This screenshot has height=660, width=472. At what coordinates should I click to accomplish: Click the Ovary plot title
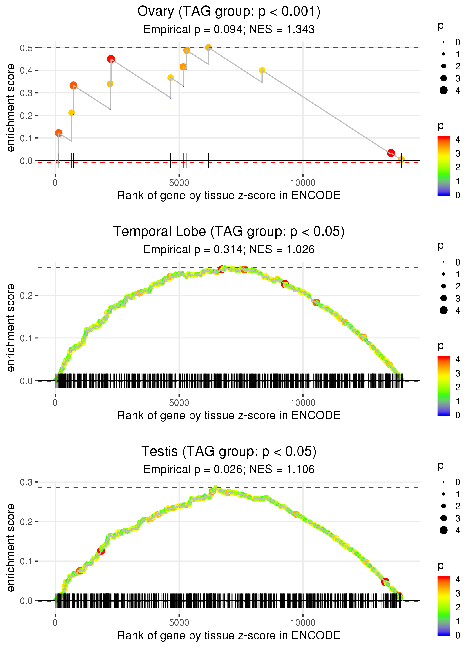[x=229, y=12]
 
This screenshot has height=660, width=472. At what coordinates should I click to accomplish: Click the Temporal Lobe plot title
[x=229, y=231]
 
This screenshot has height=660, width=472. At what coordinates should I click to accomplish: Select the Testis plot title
[x=229, y=451]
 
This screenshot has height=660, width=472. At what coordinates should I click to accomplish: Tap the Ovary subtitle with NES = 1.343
[x=229, y=29]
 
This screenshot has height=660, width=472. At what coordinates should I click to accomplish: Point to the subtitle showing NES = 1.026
[x=229, y=249]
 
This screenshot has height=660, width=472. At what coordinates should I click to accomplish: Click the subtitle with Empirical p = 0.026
[x=229, y=469]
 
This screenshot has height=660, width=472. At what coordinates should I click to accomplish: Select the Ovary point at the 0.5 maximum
[x=208, y=47]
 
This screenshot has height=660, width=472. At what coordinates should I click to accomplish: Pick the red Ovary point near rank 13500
[x=391, y=153]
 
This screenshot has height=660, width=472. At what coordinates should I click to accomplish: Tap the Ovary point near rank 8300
[x=262, y=70]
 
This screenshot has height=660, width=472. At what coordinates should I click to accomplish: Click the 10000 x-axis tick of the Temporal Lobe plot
[x=303, y=403]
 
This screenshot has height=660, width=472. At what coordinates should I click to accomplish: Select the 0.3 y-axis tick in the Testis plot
[x=26, y=482]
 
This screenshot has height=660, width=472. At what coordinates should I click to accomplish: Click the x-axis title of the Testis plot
[x=229, y=635]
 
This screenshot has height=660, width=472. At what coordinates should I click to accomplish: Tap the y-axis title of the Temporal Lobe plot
[x=11, y=328]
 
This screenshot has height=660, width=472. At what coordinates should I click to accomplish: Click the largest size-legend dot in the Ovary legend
[x=443, y=90]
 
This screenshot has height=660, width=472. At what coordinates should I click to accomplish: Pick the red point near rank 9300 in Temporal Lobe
[x=285, y=284]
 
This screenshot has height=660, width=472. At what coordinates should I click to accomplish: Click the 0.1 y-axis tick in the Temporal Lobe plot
[x=26, y=338]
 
